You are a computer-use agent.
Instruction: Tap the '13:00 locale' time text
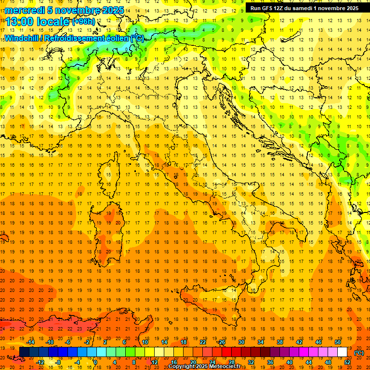[x=38, y=21]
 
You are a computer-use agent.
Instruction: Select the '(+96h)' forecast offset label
[x=83, y=21]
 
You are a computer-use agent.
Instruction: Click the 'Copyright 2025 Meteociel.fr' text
[x=204, y=367]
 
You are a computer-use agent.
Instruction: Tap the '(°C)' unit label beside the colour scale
[x=359, y=353]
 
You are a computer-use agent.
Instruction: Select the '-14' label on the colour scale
[x=31, y=342]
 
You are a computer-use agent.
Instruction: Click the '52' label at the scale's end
[x=347, y=362]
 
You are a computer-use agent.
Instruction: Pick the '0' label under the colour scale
[x=95, y=362]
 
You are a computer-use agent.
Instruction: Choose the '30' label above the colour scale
[x=241, y=342]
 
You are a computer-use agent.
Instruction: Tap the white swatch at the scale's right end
[x=342, y=352]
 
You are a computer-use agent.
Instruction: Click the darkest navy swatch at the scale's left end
[x=24, y=352]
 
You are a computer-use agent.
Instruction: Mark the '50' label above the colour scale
[x=337, y=342]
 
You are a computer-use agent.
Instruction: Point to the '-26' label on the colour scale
[x=221, y=342]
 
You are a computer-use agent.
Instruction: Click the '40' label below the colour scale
[x=289, y=362]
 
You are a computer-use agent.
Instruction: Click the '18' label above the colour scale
[x=183, y=342]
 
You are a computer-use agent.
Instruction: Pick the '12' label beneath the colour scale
[x=154, y=362]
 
